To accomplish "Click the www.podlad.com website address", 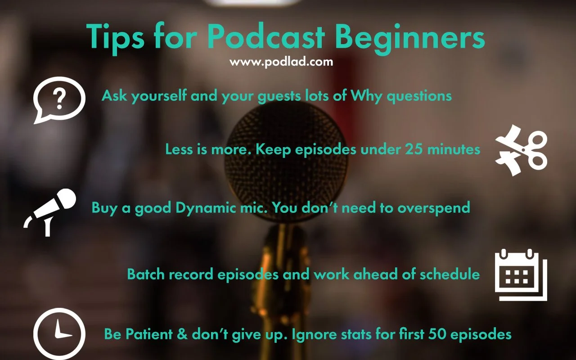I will pos(281,62).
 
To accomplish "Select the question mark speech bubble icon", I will pos(59,99).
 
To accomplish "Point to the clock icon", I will pos(59,333).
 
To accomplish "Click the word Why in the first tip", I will pos(364,95).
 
